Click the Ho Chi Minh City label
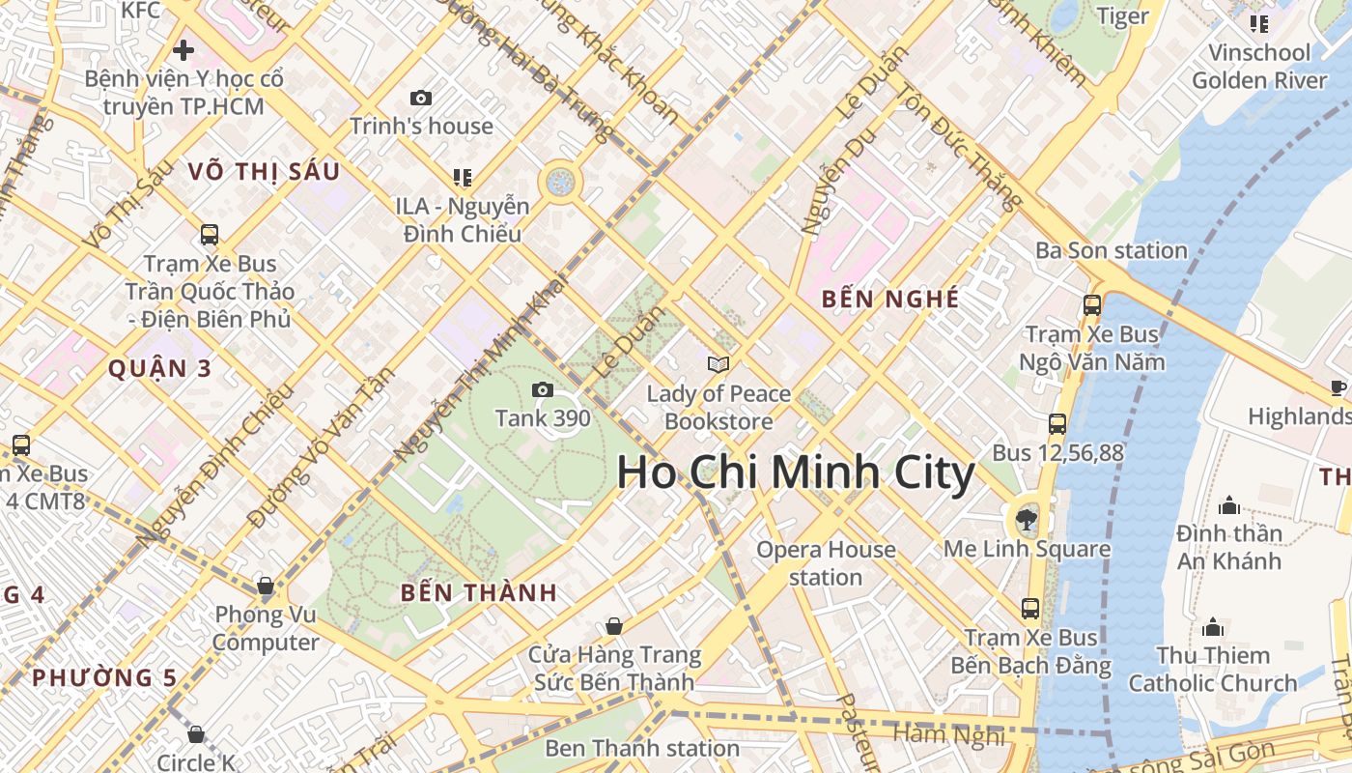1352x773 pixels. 796,473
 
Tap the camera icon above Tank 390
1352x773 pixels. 543,389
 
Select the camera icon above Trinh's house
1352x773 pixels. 421,98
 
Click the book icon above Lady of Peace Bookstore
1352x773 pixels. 718,364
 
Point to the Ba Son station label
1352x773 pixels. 1111,250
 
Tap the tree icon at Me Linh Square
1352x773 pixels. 1027,521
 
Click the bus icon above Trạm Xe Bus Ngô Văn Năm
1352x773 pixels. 1092,305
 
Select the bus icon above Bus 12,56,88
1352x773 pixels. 1057,423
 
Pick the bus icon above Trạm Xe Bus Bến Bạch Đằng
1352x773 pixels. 1030,608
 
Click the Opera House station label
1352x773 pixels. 826,563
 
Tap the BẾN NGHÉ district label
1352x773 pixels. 890,299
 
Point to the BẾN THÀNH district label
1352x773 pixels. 479,593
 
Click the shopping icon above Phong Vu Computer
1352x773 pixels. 266,586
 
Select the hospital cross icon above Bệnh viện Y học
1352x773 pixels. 183,49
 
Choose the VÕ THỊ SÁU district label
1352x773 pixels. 265,172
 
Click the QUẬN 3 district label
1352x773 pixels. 159,368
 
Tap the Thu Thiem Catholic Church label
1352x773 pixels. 1213,669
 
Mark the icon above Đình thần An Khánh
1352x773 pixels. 1229,505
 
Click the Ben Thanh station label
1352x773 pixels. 642,748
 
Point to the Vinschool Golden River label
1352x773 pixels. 1259,66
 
